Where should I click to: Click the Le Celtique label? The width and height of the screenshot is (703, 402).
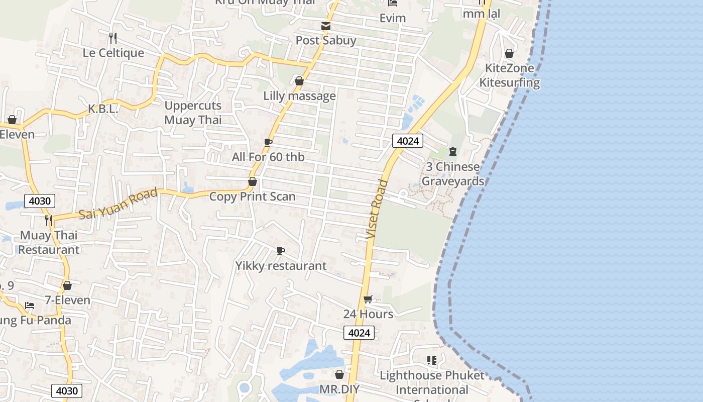113,53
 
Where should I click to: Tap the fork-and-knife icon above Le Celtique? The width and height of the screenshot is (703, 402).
113,38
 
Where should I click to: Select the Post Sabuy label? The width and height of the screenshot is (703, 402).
326,40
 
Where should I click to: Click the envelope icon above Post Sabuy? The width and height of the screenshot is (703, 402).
326,26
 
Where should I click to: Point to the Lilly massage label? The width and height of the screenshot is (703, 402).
299,95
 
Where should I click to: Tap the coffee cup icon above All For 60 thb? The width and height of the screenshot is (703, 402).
268,142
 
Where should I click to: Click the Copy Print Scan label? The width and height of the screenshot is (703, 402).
252,196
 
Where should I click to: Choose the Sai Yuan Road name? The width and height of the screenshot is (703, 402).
119,203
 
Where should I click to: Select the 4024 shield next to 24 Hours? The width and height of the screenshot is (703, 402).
360,333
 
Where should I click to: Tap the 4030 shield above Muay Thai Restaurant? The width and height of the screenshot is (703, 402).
40,201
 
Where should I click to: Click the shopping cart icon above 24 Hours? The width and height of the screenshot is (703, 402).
368,299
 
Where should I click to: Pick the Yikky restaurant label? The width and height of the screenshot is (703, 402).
281,266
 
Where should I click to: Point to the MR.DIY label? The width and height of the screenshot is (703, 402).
339,389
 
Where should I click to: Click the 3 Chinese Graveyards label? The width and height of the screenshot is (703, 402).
452,174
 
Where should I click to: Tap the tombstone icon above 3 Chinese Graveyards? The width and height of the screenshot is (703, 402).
453,151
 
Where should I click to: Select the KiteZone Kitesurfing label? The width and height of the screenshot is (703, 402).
509,75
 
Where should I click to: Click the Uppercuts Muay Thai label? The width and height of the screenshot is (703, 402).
193,113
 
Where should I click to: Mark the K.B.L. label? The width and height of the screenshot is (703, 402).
102,109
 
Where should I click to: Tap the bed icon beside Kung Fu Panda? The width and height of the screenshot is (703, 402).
30,306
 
